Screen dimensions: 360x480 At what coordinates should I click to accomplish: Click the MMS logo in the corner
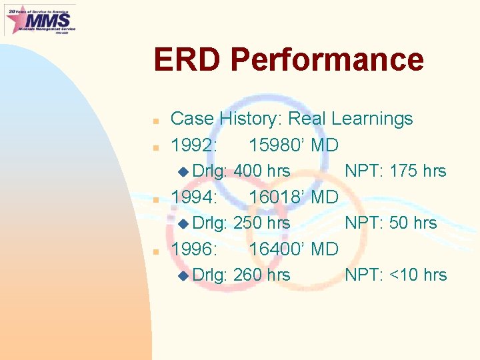point(40,19)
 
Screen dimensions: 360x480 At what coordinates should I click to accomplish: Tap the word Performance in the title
point(327,59)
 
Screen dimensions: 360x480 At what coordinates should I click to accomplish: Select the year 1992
point(193,145)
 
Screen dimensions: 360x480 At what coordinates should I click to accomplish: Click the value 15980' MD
point(293,145)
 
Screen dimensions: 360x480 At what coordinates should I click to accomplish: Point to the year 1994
point(193,197)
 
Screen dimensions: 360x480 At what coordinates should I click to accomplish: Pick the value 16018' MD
point(293,197)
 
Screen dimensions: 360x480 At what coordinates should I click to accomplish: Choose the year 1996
point(193,249)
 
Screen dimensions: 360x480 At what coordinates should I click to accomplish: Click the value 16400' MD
point(293,249)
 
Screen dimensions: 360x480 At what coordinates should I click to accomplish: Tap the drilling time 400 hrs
point(262,171)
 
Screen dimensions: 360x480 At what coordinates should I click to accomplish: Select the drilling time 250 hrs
point(262,223)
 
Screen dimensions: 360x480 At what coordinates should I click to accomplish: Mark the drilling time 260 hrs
point(262,275)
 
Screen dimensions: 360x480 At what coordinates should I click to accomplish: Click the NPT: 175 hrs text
point(395,171)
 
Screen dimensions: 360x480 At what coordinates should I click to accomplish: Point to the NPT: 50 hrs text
point(391,223)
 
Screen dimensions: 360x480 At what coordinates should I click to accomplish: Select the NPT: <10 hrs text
point(396,275)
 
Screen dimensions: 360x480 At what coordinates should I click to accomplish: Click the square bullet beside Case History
point(155,121)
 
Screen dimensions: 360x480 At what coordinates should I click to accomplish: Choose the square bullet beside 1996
point(155,251)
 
